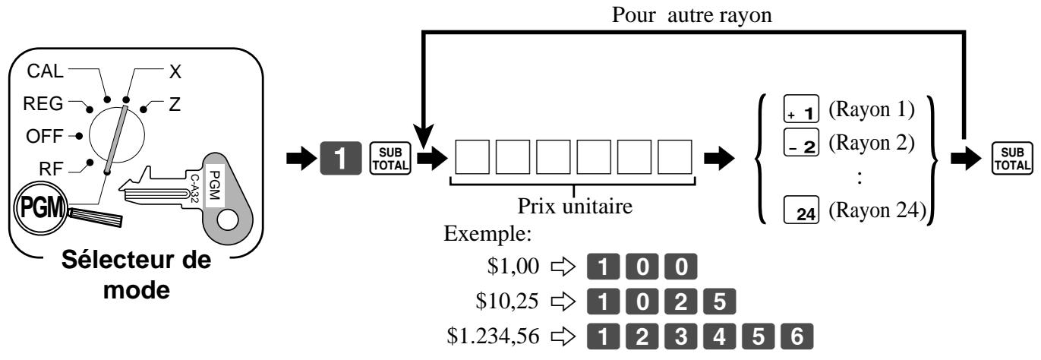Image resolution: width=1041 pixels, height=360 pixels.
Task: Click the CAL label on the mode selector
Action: pos(45,71)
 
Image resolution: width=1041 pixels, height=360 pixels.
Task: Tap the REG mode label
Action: pos(43,104)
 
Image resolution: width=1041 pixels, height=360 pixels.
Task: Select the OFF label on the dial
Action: pos(44,136)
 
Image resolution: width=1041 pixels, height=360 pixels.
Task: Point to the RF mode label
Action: pos(51,169)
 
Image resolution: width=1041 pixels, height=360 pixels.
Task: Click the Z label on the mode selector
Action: pos(175,104)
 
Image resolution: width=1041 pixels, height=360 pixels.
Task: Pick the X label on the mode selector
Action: pos(175,71)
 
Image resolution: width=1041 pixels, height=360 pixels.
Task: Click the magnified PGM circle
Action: pos(41,207)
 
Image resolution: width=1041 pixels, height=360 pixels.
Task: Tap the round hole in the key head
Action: pos(228,220)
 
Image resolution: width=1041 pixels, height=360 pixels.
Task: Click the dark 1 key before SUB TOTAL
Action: pos(341,158)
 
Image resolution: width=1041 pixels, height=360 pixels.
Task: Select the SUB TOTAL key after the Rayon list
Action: pos(1012,159)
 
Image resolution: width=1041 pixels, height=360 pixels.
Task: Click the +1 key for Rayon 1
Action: pos(801,109)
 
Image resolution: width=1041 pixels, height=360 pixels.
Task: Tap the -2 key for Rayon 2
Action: pos(801,142)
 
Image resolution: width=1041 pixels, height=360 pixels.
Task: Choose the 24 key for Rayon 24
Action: pos(801,210)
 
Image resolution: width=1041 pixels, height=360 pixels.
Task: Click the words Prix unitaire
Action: pos(575,206)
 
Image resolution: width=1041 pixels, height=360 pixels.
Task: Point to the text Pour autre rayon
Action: pos(692,15)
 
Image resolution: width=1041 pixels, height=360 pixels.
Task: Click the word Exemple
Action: pos(487,233)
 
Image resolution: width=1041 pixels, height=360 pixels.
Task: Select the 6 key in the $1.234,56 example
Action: pos(797,336)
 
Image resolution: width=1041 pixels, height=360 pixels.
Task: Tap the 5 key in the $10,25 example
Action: pos(719,302)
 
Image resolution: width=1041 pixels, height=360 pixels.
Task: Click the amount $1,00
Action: pos(513,266)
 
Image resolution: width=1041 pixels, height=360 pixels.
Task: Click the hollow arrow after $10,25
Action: pos(563,302)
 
